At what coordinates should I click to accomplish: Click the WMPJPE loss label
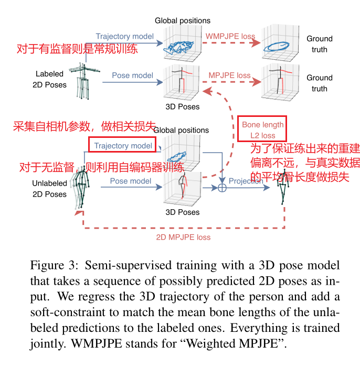(230, 37)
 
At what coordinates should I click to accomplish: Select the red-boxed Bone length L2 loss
(262, 130)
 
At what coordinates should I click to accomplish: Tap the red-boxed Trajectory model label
(123, 145)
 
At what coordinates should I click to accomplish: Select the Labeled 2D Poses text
(49, 79)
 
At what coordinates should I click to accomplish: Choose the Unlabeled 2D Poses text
(49, 189)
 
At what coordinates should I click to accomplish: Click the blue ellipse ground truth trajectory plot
(283, 46)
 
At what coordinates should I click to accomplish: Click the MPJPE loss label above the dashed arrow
(229, 75)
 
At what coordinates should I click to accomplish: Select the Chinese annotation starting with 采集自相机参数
(84, 126)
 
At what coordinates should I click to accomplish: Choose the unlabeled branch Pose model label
(130, 181)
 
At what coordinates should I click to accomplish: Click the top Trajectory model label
(124, 36)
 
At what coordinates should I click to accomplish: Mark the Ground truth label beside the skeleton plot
(320, 83)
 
